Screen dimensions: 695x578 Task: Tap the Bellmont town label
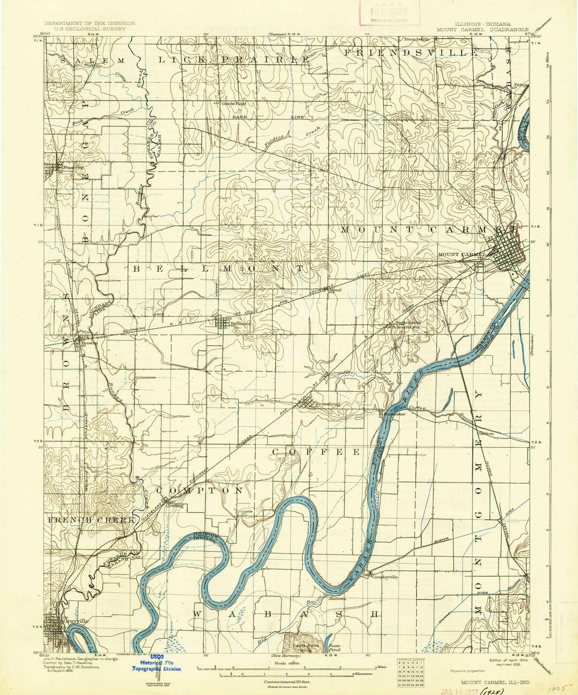[240, 324]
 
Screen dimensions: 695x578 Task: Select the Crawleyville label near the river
[385, 577]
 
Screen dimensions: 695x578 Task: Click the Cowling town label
[174, 505]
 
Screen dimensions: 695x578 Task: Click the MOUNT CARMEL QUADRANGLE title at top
[482, 30]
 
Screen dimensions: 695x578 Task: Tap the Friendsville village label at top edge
[417, 40]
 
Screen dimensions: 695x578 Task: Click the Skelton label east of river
[486, 433]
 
